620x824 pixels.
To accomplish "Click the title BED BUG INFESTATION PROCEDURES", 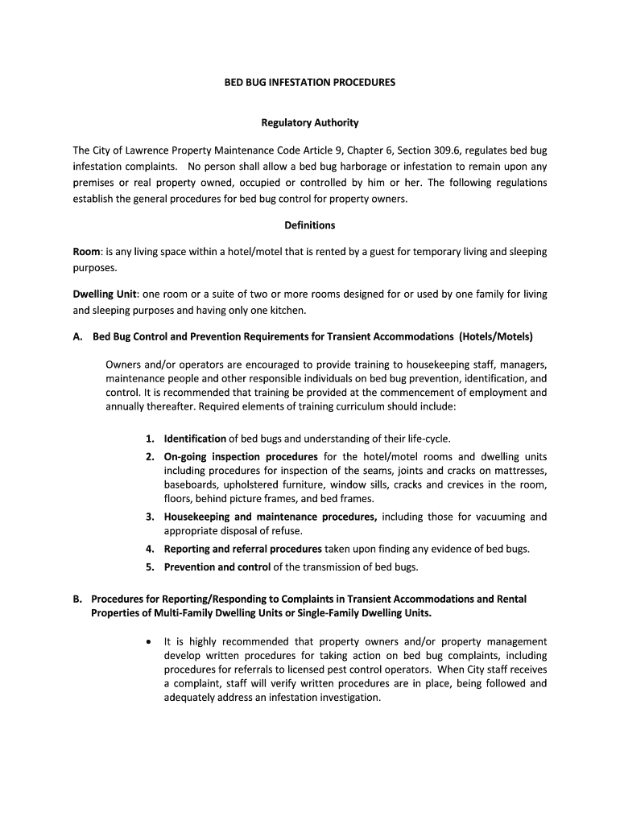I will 309,82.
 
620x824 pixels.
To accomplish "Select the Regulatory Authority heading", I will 309,123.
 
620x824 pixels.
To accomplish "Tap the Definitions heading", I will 309,225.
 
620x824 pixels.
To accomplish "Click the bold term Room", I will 87,252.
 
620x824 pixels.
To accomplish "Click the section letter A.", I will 77,336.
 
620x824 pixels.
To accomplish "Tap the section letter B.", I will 77,599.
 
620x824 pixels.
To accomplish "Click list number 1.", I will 150,439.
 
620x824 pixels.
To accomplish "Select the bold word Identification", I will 195,439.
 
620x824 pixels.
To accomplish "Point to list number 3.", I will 150,517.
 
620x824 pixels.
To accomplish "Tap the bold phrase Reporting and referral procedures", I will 242,549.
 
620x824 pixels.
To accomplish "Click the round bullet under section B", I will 149,642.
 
